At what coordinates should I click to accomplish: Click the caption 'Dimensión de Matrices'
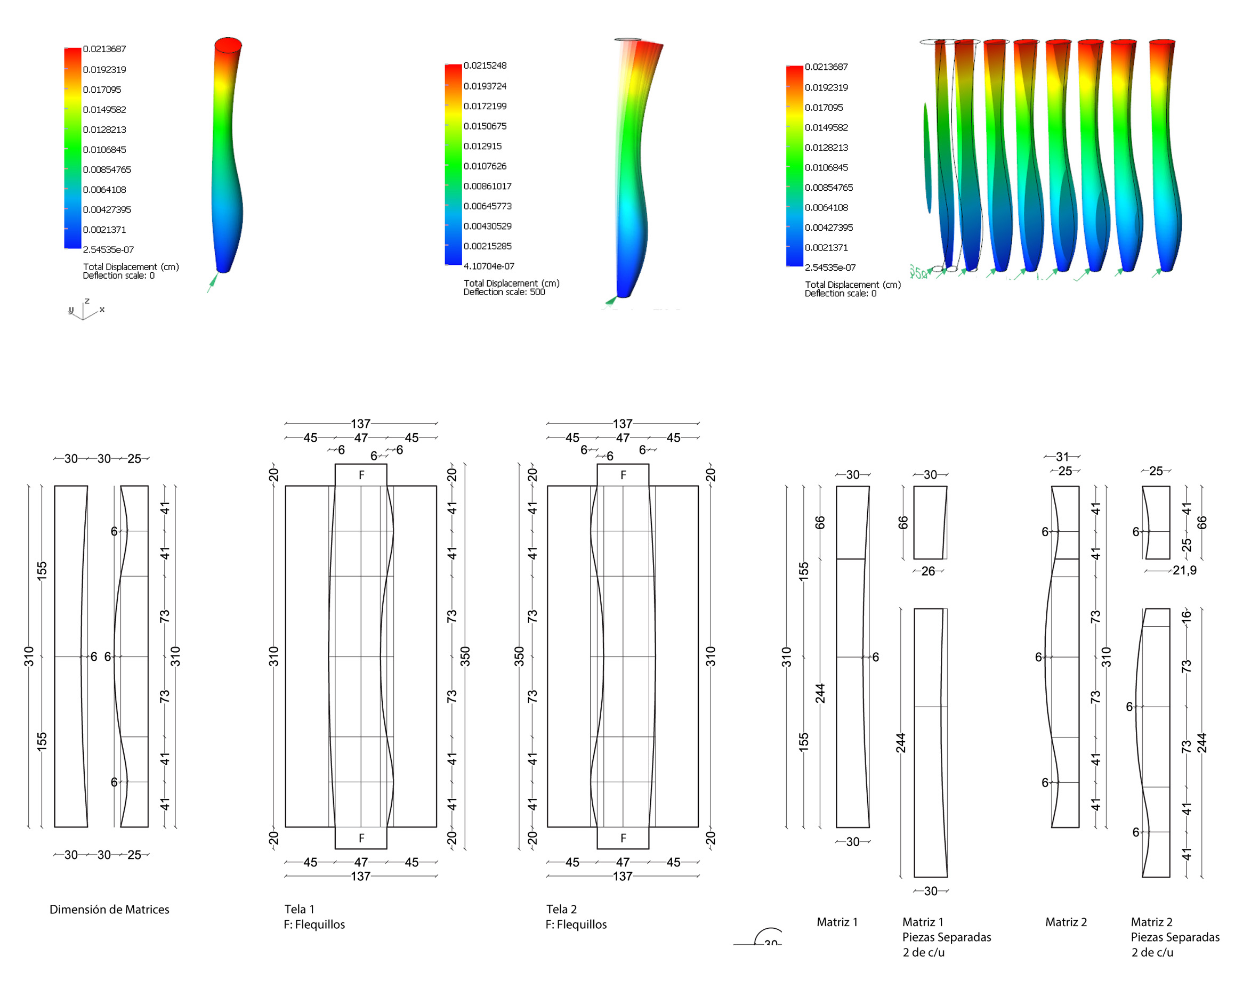coord(109,909)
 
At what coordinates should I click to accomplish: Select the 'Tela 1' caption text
coord(299,909)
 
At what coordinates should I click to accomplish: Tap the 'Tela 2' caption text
coord(561,909)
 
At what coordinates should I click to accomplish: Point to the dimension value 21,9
coord(1184,570)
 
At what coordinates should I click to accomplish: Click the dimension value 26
coord(927,571)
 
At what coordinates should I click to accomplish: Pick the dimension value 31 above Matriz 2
coord(1062,457)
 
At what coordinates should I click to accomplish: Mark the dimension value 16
coord(1186,616)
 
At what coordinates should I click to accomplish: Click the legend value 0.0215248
coord(485,66)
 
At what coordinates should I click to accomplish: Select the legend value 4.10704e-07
coord(489,266)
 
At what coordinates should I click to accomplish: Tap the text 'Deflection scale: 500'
coord(504,292)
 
